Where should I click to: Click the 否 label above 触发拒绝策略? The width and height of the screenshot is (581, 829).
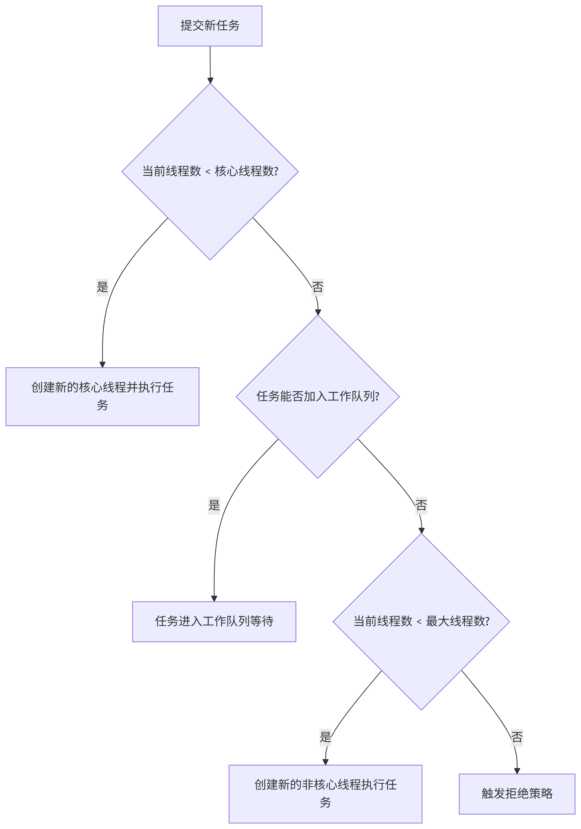tap(517, 736)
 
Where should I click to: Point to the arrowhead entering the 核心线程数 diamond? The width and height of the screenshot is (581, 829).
tap(210, 80)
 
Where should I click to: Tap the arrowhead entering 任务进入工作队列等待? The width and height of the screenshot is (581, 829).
tap(214, 598)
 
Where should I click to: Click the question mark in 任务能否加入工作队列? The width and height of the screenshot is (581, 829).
tap(377, 396)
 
